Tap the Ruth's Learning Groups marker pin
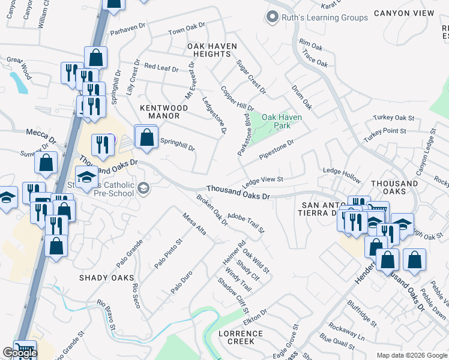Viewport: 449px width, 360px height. tap(273, 17)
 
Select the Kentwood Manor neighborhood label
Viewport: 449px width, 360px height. tap(164, 112)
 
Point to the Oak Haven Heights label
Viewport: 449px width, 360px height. tap(212, 50)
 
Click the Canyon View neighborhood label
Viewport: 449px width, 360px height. tap(404, 13)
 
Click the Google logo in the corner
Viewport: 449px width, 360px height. tap(19, 353)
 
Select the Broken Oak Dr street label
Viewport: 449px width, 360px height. tap(212, 210)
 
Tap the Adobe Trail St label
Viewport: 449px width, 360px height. tap(246, 218)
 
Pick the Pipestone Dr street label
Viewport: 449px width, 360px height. tap(276, 149)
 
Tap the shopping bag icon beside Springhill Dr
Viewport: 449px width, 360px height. tap(146, 137)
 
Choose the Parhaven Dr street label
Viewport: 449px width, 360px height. tap(128, 28)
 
